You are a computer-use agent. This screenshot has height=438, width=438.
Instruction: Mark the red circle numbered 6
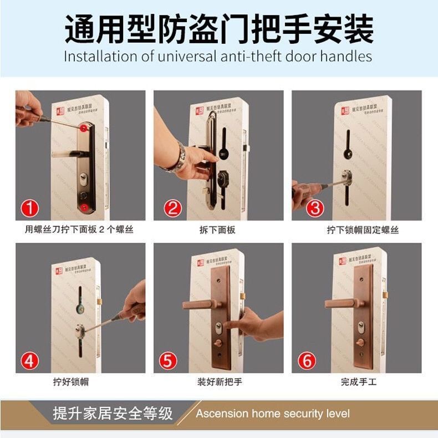coord(307,361)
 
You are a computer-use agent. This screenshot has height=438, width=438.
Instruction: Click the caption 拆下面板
coord(217,230)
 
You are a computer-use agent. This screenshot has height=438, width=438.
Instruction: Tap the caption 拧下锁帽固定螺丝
coord(362,230)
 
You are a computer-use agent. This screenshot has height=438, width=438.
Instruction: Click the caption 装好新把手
coord(220,382)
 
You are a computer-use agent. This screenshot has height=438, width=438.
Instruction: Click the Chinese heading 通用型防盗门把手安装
coord(219,29)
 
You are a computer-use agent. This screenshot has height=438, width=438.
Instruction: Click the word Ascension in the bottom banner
coord(222,414)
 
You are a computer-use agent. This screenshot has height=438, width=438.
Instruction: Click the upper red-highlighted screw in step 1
coord(83,129)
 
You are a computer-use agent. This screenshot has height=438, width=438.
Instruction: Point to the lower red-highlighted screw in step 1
coord(83,206)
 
